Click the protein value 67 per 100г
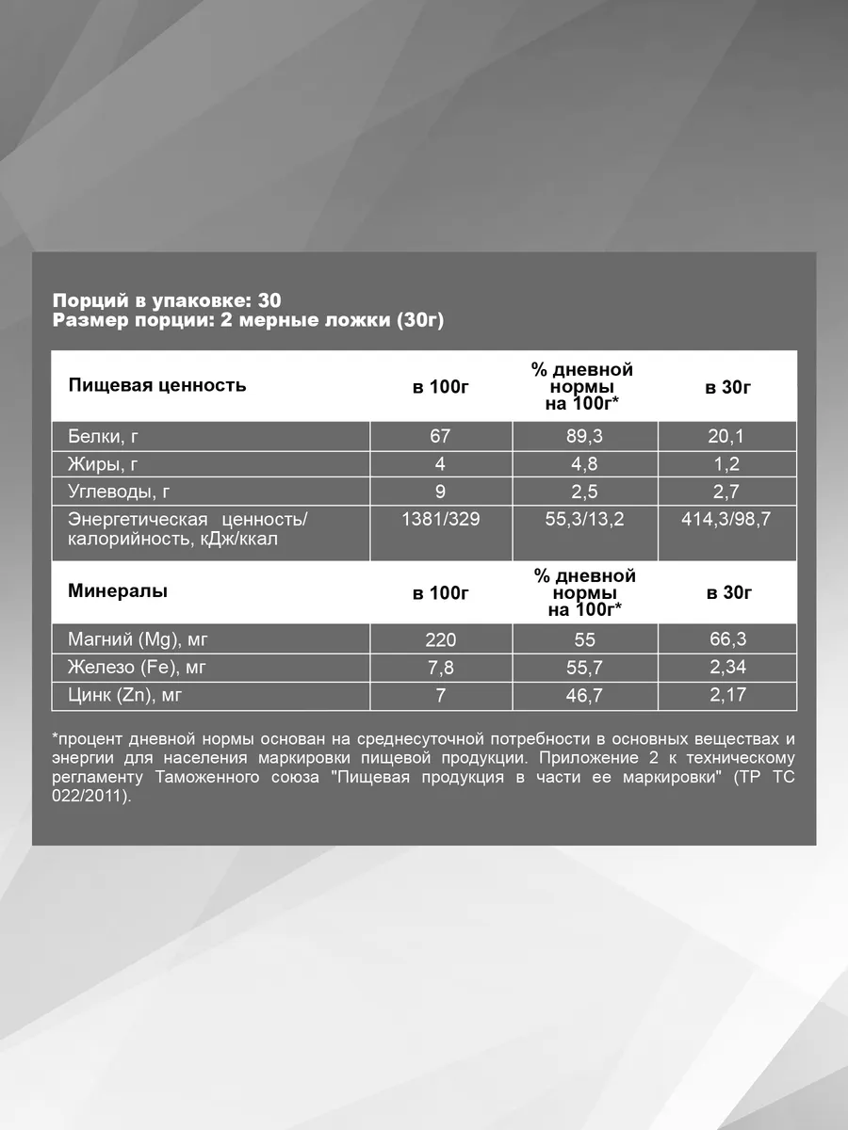point(440,437)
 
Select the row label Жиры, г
point(104,464)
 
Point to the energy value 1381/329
point(440,519)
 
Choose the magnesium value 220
point(440,640)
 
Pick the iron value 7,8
point(440,669)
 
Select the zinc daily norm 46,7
point(584,696)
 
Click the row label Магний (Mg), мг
point(138,640)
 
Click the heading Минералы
point(118,591)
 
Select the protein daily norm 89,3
point(584,437)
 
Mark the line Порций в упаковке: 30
point(167,300)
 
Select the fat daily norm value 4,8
point(584,464)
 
